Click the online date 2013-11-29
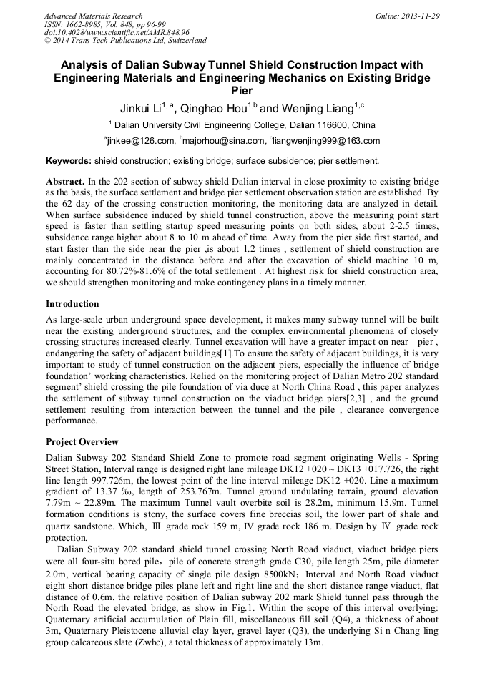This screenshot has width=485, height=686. pyautogui.click(x=420, y=16)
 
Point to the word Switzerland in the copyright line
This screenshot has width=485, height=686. pyautogui.click(x=183, y=41)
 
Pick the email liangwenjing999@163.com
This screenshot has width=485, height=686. pyautogui.click(x=326, y=141)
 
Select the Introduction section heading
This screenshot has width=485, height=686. pyautogui.click(x=72, y=304)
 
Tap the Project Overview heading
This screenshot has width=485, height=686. pyautogui.click(x=82, y=441)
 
